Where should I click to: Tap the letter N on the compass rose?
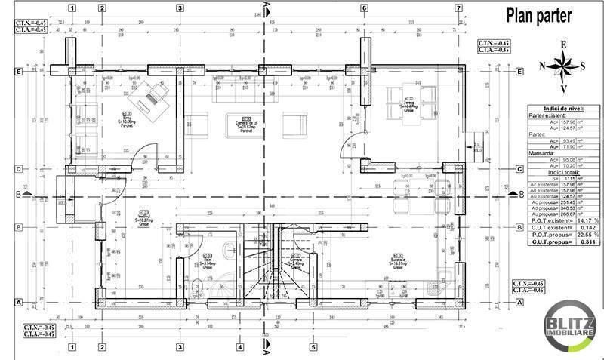(543, 66)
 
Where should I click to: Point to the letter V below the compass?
(563, 88)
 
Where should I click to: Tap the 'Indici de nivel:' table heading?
(562, 109)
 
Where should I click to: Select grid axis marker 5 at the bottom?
(312, 348)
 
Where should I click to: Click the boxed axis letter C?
(519, 169)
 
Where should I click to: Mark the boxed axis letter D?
(18, 170)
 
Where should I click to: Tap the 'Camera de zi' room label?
(247, 125)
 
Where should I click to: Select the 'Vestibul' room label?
(144, 217)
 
